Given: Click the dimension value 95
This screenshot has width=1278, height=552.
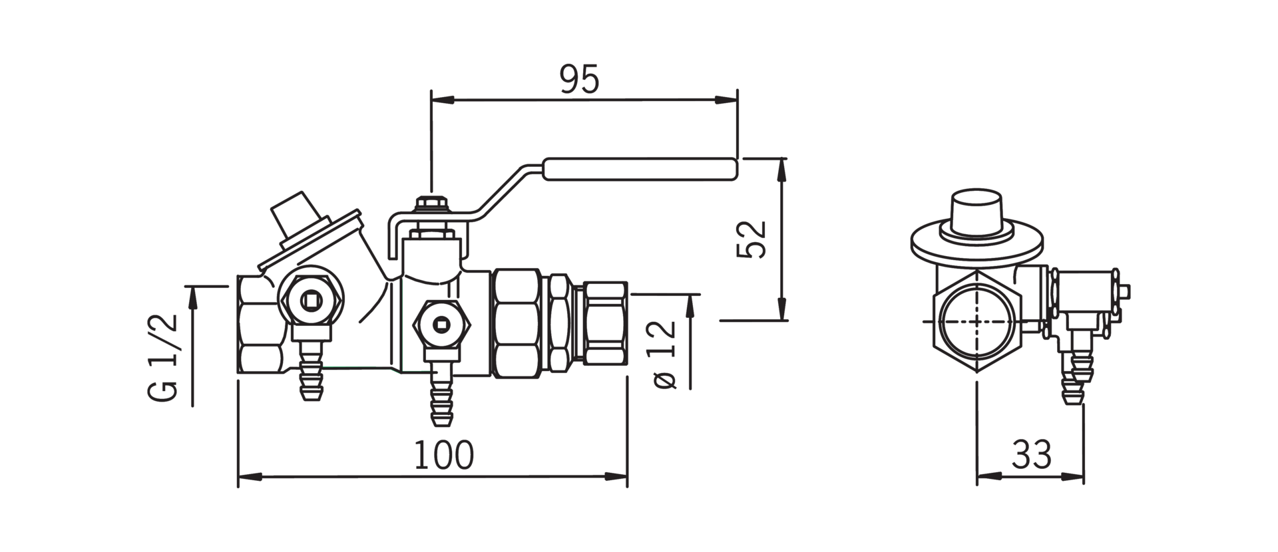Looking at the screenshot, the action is point(579,79).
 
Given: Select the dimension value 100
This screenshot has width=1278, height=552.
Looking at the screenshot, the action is point(444,455).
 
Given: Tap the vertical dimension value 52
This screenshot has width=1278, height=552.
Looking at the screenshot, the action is point(752,239).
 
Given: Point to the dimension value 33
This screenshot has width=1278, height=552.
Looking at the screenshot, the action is point(1032,455).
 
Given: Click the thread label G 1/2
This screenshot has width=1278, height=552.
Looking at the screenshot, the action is point(163,358).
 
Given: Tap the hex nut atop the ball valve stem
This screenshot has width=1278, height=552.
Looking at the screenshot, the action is point(431,203).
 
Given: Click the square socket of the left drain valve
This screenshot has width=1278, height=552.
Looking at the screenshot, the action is point(311,301).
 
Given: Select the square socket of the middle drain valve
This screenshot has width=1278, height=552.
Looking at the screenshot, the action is point(442,325).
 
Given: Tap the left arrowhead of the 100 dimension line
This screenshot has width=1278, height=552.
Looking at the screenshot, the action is point(250,476).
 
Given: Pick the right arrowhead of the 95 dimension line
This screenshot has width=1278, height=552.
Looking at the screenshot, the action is point(727,100).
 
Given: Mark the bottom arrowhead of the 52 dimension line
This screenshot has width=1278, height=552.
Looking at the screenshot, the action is point(782,309).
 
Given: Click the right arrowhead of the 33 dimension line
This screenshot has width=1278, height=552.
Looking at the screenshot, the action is point(1072,476).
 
